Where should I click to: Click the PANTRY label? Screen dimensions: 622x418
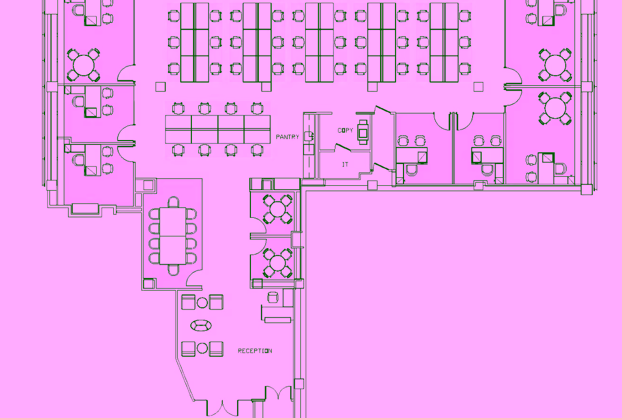click(x=287, y=137)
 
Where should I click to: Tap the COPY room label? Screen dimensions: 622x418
click(x=345, y=130)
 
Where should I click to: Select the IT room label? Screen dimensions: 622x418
click(x=345, y=164)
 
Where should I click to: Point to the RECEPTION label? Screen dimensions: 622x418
click(x=255, y=351)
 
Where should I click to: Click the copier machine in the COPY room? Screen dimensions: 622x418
click(x=363, y=132)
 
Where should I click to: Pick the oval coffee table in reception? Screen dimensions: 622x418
click(x=201, y=325)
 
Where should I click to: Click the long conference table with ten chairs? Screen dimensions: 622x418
click(x=173, y=236)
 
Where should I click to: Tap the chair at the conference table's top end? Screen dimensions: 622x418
click(x=173, y=202)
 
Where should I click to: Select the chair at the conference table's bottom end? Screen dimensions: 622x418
click(x=173, y=270)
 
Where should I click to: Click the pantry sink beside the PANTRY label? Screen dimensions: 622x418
click(x=309, y=136)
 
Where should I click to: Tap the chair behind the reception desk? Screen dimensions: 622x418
click(x=273, y=297)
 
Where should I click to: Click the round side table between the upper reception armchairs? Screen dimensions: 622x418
click(x=203, y=303)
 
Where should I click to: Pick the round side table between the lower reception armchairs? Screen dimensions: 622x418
click(x=203, y=348)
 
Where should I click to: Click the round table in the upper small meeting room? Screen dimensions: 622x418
click(x=278, y=209)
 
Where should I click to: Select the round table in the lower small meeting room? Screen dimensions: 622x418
click(x=278, y=263)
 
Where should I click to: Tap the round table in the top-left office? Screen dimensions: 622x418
click(x=83, y=65)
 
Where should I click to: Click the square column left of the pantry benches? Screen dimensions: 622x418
click(x=160, y=87)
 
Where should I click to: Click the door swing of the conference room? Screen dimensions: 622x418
click(x=193, y=277)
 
